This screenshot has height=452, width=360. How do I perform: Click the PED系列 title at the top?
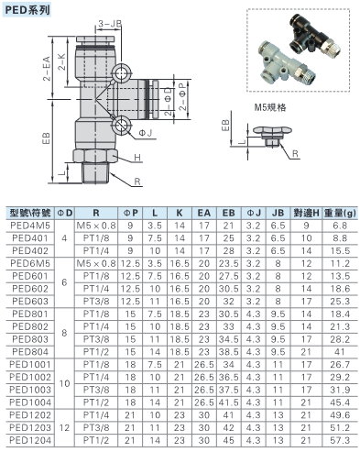tap(27, 10)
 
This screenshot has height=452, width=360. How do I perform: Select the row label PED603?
tap(30, 302)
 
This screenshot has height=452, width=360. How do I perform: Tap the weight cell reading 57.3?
tap(340, 440)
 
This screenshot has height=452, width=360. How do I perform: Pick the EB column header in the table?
tap(228, 213)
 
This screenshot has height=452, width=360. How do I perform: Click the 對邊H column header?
tap(306, 213)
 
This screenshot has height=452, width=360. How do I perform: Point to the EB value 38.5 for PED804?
tap(228, 352)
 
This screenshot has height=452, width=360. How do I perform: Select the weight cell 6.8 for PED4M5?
tap(340, 226)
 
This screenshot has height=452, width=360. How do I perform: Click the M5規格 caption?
tap(270, 107)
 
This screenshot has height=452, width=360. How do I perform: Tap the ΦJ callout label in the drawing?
tap(146, 133)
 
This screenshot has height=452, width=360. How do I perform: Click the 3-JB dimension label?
tap(110, 24)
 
